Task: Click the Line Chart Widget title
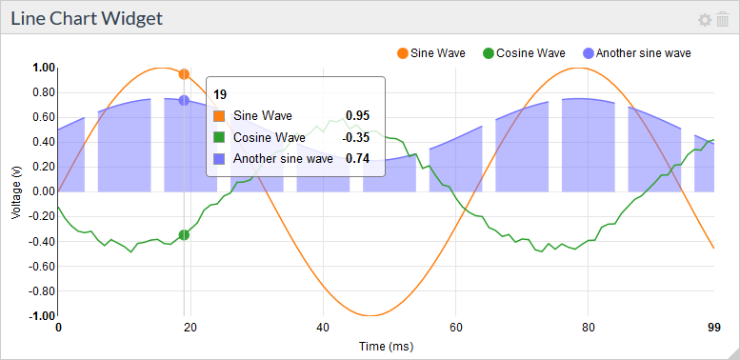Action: (x=87, y=18)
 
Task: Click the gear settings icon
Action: (x=705, y=20)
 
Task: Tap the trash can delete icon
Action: (x=722, y=20)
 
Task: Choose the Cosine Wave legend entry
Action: (x=524, y=52)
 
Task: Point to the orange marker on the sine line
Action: (x=184, y=73)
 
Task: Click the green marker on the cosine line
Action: (x=184, y=234)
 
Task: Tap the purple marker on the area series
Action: (x=184, y=100)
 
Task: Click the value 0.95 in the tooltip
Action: (x=357, y=115)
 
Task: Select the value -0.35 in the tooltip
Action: (x=355, y=137)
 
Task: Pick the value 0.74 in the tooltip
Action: (x=357, y=159)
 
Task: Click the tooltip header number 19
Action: (x=220, y=94)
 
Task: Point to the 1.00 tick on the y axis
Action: (x=44, y=68)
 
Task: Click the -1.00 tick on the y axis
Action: (x=42, y=315)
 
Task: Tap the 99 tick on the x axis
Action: (x=713, y=328)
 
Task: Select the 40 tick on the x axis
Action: (x=324, y=328)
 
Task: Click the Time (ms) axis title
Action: (x=386, y=346)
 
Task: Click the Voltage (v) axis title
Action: (x=16, y=191)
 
